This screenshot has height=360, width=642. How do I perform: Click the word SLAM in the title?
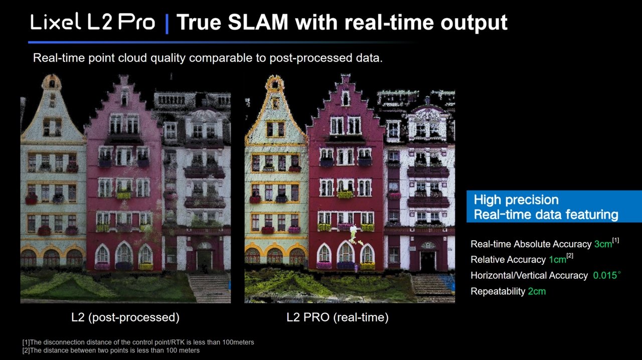pyautogui.click(x=258, y=22)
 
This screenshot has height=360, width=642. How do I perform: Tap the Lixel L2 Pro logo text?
pyautogui.click(x=93, y=22)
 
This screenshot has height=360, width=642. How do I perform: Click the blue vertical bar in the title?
pyautogui.click(x=167, y=24)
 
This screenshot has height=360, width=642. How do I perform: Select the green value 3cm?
pyautogui.click(x=603, y=244)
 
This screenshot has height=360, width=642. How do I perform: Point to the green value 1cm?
pyautogui.click(x=557, y=259)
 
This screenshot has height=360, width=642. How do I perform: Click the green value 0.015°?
pyautogui.click(x=607, y=275)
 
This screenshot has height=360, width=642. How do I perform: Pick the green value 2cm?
pyautogui.click(x=537, y=291)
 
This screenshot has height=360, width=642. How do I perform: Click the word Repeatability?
pyautogui.click(x=498, y=291)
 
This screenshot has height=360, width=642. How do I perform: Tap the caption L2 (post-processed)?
pyautogui.click(x=125, y=317)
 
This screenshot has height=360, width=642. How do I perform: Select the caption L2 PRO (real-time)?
pyautogui.click(x=338, y=317)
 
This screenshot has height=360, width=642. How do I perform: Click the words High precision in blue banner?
pyautogui.click(x=516, y=200)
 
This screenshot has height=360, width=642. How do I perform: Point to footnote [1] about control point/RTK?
pyautogui.click(x=138, y=342)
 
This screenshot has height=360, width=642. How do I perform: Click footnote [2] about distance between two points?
pyautogui.click(x=111, y=350)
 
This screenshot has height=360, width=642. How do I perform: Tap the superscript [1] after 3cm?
pyautogui.click(x=615, y=240)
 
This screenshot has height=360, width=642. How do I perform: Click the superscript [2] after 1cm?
pyautogui.click(x=570, y=256)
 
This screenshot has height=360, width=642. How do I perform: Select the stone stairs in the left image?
pyautogui.click(x=209, y=287)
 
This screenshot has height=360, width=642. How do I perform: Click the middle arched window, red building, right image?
pyautogui.click(x=346, y=252)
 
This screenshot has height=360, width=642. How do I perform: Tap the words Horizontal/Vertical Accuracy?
pyautogui.click(x=529, y=275)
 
